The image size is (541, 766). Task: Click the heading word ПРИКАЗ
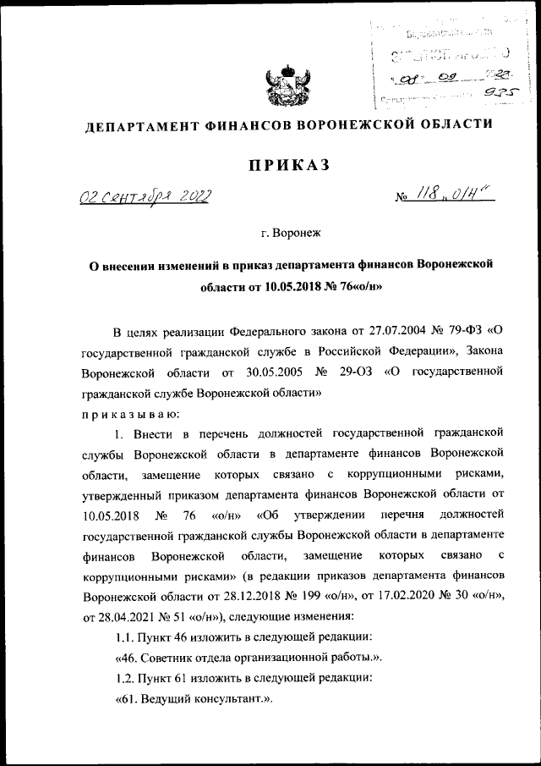pyautogui.click(x=287, y=166)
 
